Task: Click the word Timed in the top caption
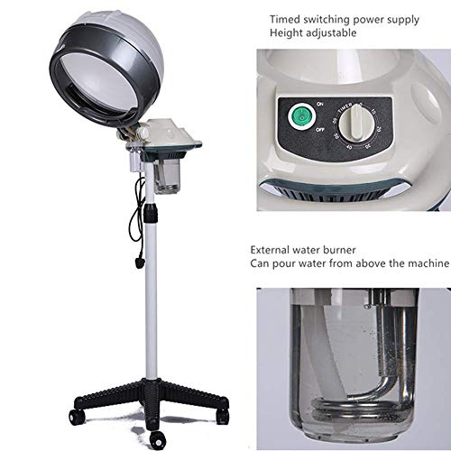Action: [286, 17]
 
